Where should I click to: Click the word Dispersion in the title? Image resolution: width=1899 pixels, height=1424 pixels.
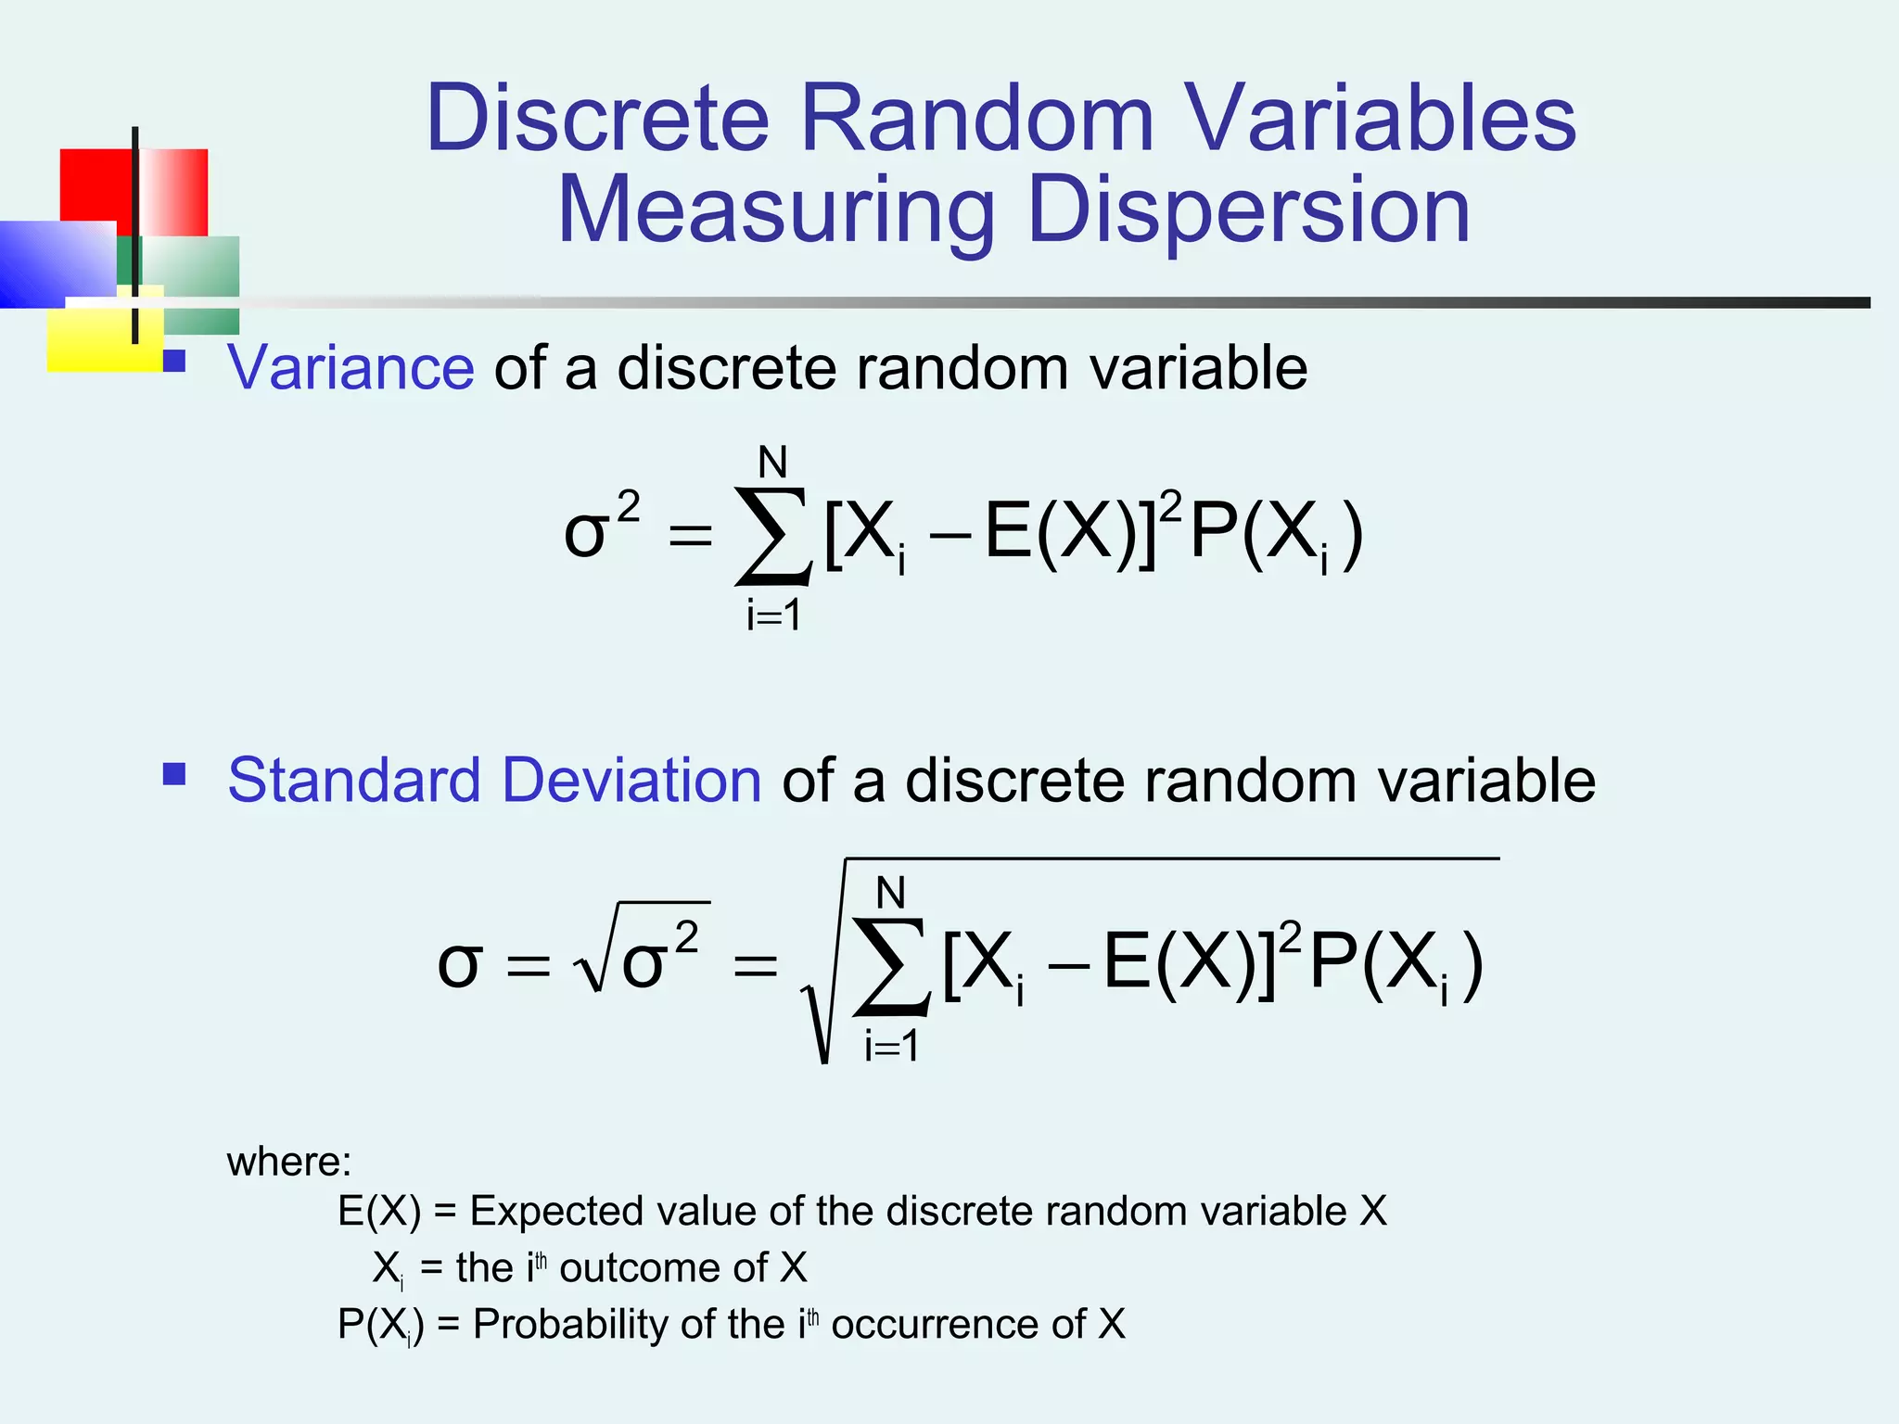(1248, 211)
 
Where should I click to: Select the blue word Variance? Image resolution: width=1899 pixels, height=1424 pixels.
(350, 368)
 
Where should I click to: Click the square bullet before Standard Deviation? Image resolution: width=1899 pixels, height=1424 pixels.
(174, 774)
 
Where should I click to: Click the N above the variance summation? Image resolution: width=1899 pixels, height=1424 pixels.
(772, 462)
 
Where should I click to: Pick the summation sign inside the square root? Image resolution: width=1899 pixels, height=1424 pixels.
(891, 967)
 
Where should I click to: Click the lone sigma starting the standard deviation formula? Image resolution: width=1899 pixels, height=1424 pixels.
(459, 964)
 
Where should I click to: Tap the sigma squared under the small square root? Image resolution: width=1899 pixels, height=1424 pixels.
(658, 959)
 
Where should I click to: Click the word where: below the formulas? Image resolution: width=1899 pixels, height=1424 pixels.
(289, 1162)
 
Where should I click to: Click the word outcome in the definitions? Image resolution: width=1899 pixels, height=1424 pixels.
(664, 1268)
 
